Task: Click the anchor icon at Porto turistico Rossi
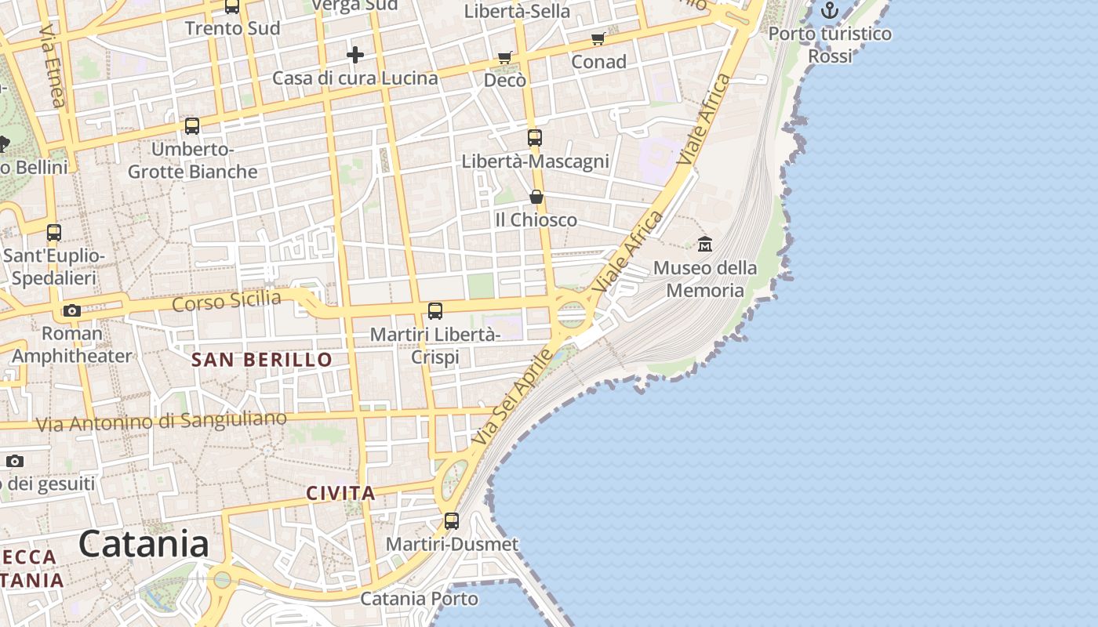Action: pos(830,10)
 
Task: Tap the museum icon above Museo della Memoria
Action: pos(705,244)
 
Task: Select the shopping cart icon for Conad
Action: pos(598,38)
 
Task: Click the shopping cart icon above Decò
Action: pos(505,57)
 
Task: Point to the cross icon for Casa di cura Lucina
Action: pos(355,55)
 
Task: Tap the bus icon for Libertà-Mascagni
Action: pos(535,138)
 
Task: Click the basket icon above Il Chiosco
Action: pos(536,196)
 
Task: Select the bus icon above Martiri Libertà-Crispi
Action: pos(435,311)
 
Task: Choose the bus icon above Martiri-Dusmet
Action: pos(452,520)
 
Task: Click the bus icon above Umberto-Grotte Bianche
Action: pos(192,125)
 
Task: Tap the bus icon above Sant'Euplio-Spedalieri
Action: pos(54,233)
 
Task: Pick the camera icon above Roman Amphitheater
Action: pos(72,310)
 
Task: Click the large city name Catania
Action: pos(144,544)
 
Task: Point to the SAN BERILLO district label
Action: pos(262,360)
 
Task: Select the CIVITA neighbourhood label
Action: pos(340,494)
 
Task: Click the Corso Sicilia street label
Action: pos(226,301)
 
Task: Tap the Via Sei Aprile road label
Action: pos(514,398)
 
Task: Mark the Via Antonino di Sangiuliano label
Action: pos(162,422)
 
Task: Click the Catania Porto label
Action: pos(419,599)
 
